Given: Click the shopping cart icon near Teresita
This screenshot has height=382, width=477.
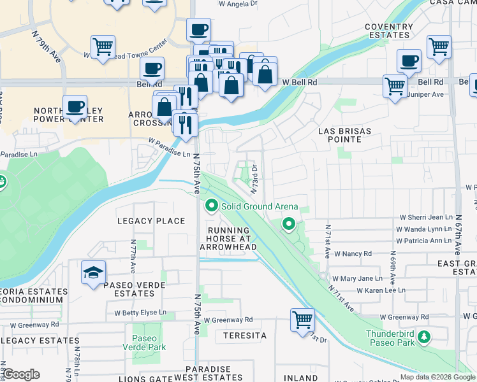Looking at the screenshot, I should (x=302, y=319).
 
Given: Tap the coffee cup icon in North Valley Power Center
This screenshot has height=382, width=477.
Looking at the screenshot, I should (x=75, y=106).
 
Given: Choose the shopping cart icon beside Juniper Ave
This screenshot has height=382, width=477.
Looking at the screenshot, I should (x=395, y=85).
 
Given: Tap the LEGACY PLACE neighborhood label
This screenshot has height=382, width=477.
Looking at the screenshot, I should (x=151, y=221).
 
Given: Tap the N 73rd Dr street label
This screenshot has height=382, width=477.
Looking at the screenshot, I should (x=253, y=179).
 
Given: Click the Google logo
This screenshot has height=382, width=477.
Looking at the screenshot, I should (x=21, y=374).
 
